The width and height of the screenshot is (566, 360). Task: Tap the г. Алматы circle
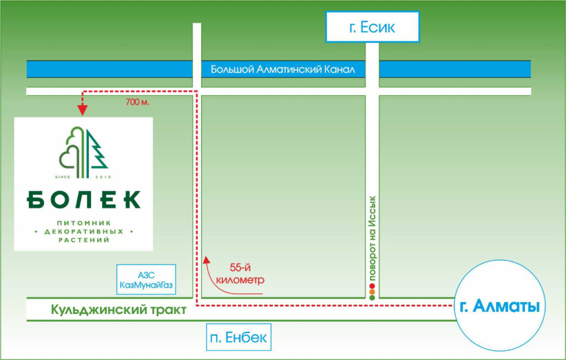click(x=496, y=306)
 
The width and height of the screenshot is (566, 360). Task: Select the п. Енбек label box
click(x=239, y=337)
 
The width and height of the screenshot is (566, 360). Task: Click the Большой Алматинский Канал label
click(x=282, y=70)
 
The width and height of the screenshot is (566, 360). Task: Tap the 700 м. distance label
click(x=138, y=103)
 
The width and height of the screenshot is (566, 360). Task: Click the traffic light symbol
click(x=372, y=292)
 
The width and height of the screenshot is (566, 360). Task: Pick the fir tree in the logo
click(x=97, y=152)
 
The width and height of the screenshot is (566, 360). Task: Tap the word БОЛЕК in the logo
click(x=83, y=199)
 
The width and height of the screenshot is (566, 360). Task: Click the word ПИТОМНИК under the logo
click(x=83, y=222)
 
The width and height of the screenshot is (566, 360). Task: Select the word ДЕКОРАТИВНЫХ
click(x=83, y=231)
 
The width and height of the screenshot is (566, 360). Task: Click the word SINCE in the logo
click(x=64, y=177)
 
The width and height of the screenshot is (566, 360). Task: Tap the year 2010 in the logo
click(x=103, y=177)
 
